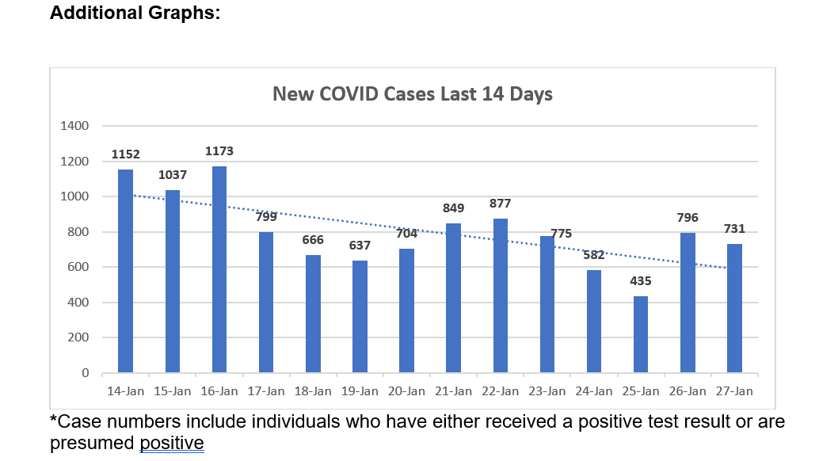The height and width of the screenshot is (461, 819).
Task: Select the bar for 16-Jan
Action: click(x=219, y=269)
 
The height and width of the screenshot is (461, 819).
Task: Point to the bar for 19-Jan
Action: click(x=360, y=317)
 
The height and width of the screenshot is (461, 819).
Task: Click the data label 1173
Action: click(x=219, y=150)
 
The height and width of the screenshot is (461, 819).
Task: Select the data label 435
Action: click(x=641, y=281)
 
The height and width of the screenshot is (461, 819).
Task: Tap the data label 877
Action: click(x=500, y=204)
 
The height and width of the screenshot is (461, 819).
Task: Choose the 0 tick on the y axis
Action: click(x=85, y=373)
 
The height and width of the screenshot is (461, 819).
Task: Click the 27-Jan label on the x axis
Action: click(x=734, y=391)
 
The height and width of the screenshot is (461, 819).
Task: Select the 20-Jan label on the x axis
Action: click(x=406, y=391)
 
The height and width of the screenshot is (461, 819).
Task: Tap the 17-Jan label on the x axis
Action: click(x=266, y=391)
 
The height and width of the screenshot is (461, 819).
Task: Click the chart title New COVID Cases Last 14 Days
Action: click(x=412, y=94)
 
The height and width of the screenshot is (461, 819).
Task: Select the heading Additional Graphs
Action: click(x=135, y=13)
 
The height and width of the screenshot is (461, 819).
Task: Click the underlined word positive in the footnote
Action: click(x=172, y=443)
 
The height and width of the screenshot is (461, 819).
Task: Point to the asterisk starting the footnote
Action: click(x=54, y=420)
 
